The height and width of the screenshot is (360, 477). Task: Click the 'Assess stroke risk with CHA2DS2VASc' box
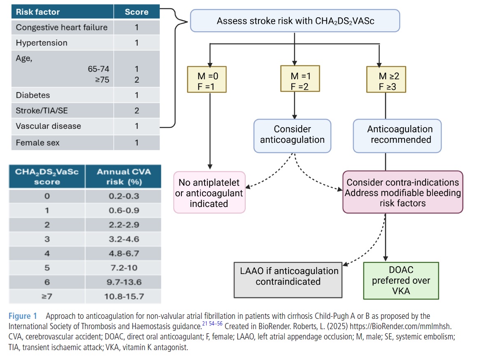[x=295, y=21]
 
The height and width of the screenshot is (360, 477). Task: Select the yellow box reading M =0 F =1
[x=207, y=79]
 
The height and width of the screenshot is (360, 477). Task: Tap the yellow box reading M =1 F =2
[x=300, y=79]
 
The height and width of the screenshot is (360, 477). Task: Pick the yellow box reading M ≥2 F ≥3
[x=386, y=79]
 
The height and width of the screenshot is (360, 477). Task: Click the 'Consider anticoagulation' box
[x=292, y=136]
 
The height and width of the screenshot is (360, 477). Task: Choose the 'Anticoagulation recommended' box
[x=397, y=136]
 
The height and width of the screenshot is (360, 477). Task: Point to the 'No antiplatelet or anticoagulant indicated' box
[x=209, y=193]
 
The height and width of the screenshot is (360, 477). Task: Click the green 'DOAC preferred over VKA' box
[x=401, y=281]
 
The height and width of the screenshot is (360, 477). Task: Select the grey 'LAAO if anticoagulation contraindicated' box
[x=288, y=280]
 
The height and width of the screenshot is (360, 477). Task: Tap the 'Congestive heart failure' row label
[x=62, y=28]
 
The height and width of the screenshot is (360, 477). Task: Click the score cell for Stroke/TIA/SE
[x=137, y=111]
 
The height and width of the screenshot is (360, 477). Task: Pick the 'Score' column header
[x=137, y=12]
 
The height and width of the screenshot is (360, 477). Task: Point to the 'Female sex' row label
[x=38, y=143]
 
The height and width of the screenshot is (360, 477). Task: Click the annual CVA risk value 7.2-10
[x=124, y=268]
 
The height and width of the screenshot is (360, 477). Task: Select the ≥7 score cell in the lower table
[x=47, y=297]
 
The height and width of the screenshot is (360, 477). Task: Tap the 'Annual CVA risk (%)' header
[x=123, y=177]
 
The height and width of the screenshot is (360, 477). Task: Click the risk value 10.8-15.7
[x=124, y=297]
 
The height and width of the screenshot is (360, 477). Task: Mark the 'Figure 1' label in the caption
[x=23, y=316]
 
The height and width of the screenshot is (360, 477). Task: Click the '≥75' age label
[x=102, y=80]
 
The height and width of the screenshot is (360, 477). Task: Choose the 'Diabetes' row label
[x=33, y=95]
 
